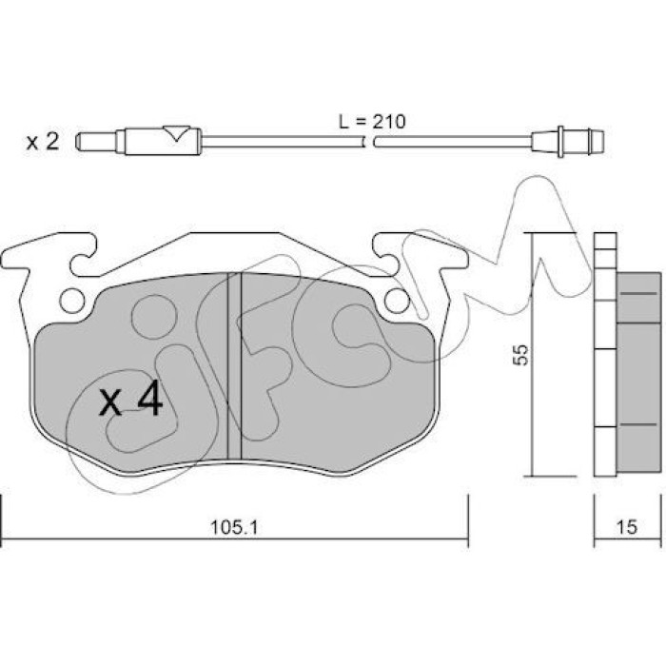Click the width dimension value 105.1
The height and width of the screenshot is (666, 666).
[x=234, y=528]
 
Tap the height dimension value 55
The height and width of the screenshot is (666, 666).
[x=520, y=354]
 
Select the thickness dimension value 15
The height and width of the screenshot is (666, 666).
[x=627, y=527]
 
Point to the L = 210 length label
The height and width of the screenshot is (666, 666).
[x=372, y=122]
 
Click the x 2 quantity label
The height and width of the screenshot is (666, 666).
[x=43, y=142]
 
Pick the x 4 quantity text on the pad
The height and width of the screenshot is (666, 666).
[x=131, y=399]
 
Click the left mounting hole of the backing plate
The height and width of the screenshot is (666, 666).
[x=72, y=302]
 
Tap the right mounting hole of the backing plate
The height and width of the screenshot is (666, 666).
[x=397, y=301]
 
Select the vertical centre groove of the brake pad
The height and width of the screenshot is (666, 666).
[x=234, y=366]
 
